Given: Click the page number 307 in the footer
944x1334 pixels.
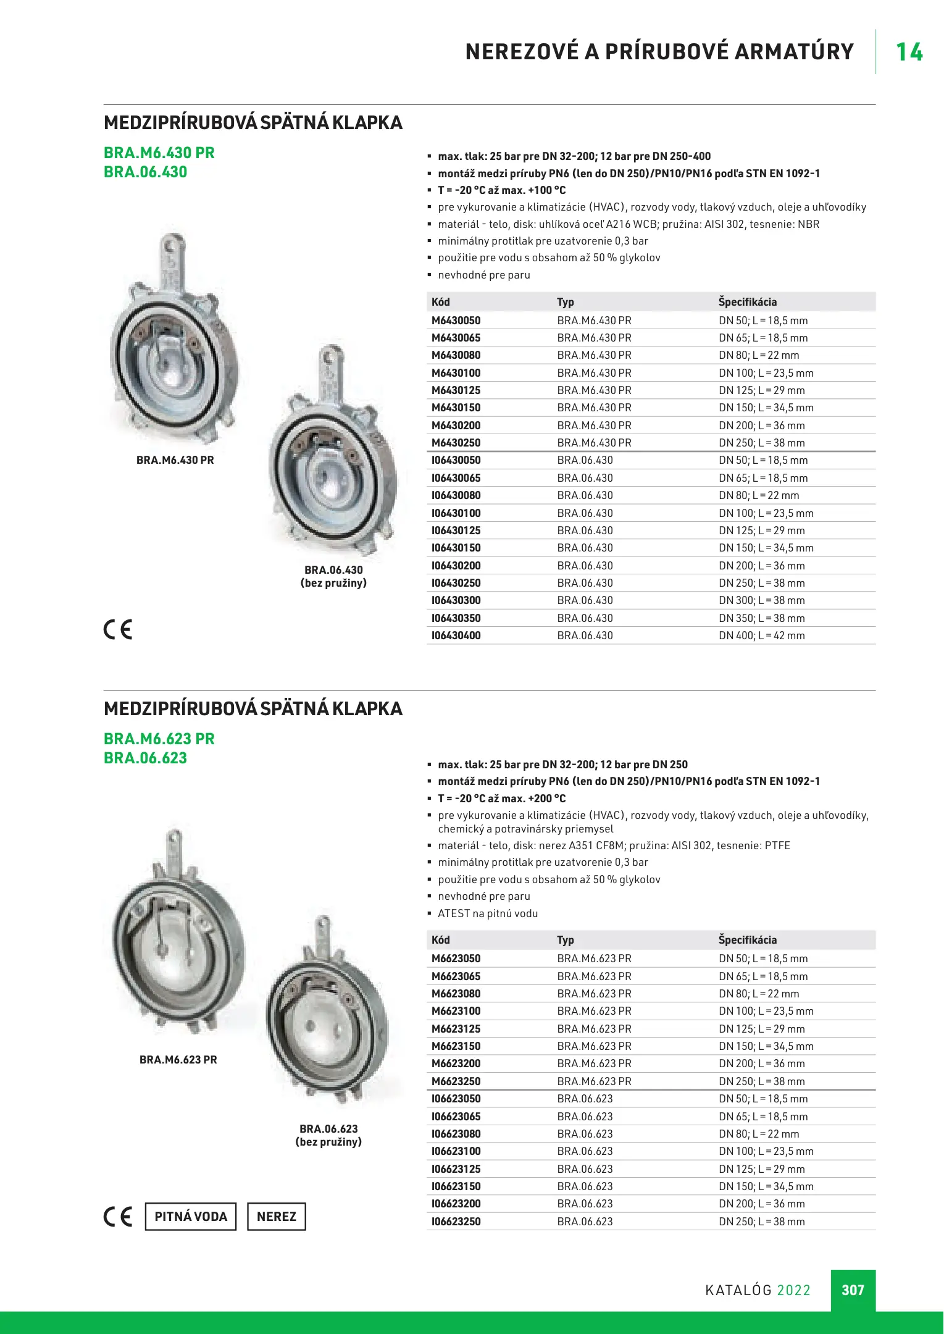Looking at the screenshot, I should click(853, 1290).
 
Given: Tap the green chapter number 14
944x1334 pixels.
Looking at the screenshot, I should click(909, 52).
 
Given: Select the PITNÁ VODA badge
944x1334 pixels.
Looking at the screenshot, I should click(191, 1216).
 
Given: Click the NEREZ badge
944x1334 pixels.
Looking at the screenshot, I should click(276, 1216).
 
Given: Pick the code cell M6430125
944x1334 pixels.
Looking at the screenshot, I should click(456, 390).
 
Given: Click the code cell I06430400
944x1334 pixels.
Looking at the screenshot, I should click(456, 636).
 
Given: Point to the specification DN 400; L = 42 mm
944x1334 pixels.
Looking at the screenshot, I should click(761, 636).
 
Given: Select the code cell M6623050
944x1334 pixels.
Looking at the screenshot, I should click(456, 959).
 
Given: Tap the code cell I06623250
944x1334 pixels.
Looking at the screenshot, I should click(456, 1221).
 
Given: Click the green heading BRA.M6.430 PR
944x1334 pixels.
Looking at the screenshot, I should click(159, 153).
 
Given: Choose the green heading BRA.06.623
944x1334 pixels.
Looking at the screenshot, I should click(145, 758).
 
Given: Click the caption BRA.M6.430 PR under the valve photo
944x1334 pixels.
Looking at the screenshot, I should click(175, 460).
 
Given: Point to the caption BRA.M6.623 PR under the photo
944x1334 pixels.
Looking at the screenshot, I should click(178, 1060).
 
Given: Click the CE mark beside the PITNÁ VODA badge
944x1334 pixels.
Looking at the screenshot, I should click(118, 1216).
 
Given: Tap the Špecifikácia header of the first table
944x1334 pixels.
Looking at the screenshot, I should click(747, 302).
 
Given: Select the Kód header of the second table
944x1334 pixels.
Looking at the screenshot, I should click(440, 940).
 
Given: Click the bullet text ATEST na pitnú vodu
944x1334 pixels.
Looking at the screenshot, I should click(488, 913).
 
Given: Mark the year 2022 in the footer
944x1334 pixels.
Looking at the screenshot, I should click(793, 1290).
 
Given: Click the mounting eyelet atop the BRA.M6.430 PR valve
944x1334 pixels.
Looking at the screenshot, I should click(176, 243).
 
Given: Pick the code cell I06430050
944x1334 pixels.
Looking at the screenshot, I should click(456, 460).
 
